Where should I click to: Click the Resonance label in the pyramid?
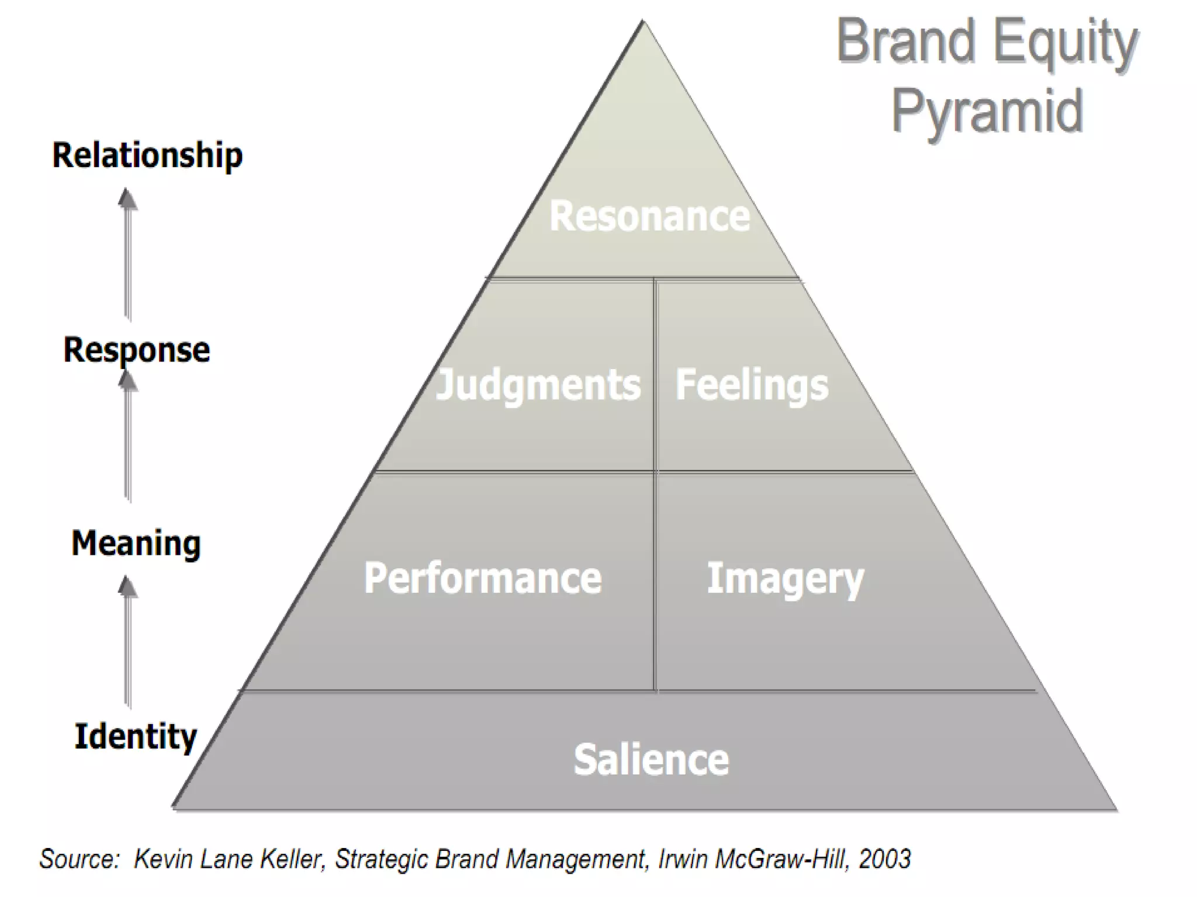click(x=649, y=217)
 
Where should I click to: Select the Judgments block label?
click(x=538, y=385)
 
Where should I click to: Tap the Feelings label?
click(x=752, y=385)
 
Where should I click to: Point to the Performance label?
click(x=483, y=578)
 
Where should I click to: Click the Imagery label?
click(x=785, y=578)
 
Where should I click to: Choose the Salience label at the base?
click(x=651, y=760)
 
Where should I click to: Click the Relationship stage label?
click(x=147, y=155)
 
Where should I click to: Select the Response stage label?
click(x=137, y=350)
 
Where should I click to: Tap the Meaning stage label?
click(x=136, y=543)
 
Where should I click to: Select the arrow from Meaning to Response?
click(x=127, y=438)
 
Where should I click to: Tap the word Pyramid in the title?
click(x=987, y=111)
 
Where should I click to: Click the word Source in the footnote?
click(x=79, y=859)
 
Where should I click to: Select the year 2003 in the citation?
click(x=884, y=859)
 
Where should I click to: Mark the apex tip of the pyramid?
click(x=643, y=22)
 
